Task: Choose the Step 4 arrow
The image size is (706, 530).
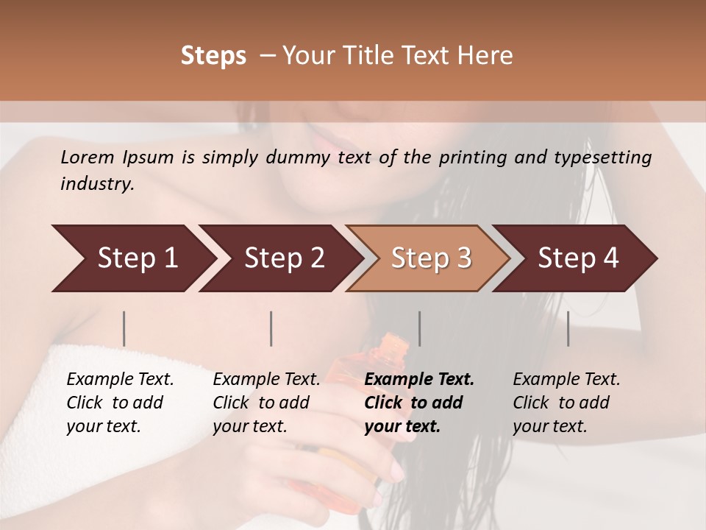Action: click(x=576, y=258)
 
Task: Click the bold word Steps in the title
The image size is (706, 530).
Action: click(x=213, y=56)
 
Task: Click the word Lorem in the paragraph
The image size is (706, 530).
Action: click(x=88, y=158)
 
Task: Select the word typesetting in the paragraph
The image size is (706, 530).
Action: click(x=604, y=158)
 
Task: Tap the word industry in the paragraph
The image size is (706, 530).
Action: click(x=96, y=184)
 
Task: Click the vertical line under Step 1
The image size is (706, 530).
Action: click(x=124, y=328)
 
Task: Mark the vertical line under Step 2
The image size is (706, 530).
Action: click(x=271, y=328)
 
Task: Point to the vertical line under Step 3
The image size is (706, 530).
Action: click(x=419, y=328)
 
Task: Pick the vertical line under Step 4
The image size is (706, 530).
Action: click(x=568, y=328)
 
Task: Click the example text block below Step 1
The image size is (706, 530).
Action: click(x=120, y=403)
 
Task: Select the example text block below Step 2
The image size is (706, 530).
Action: click(x=266, y=403)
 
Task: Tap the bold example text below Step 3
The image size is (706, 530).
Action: click(x=419, y=403)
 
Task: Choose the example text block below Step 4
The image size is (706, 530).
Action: click(x=566, y=403)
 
